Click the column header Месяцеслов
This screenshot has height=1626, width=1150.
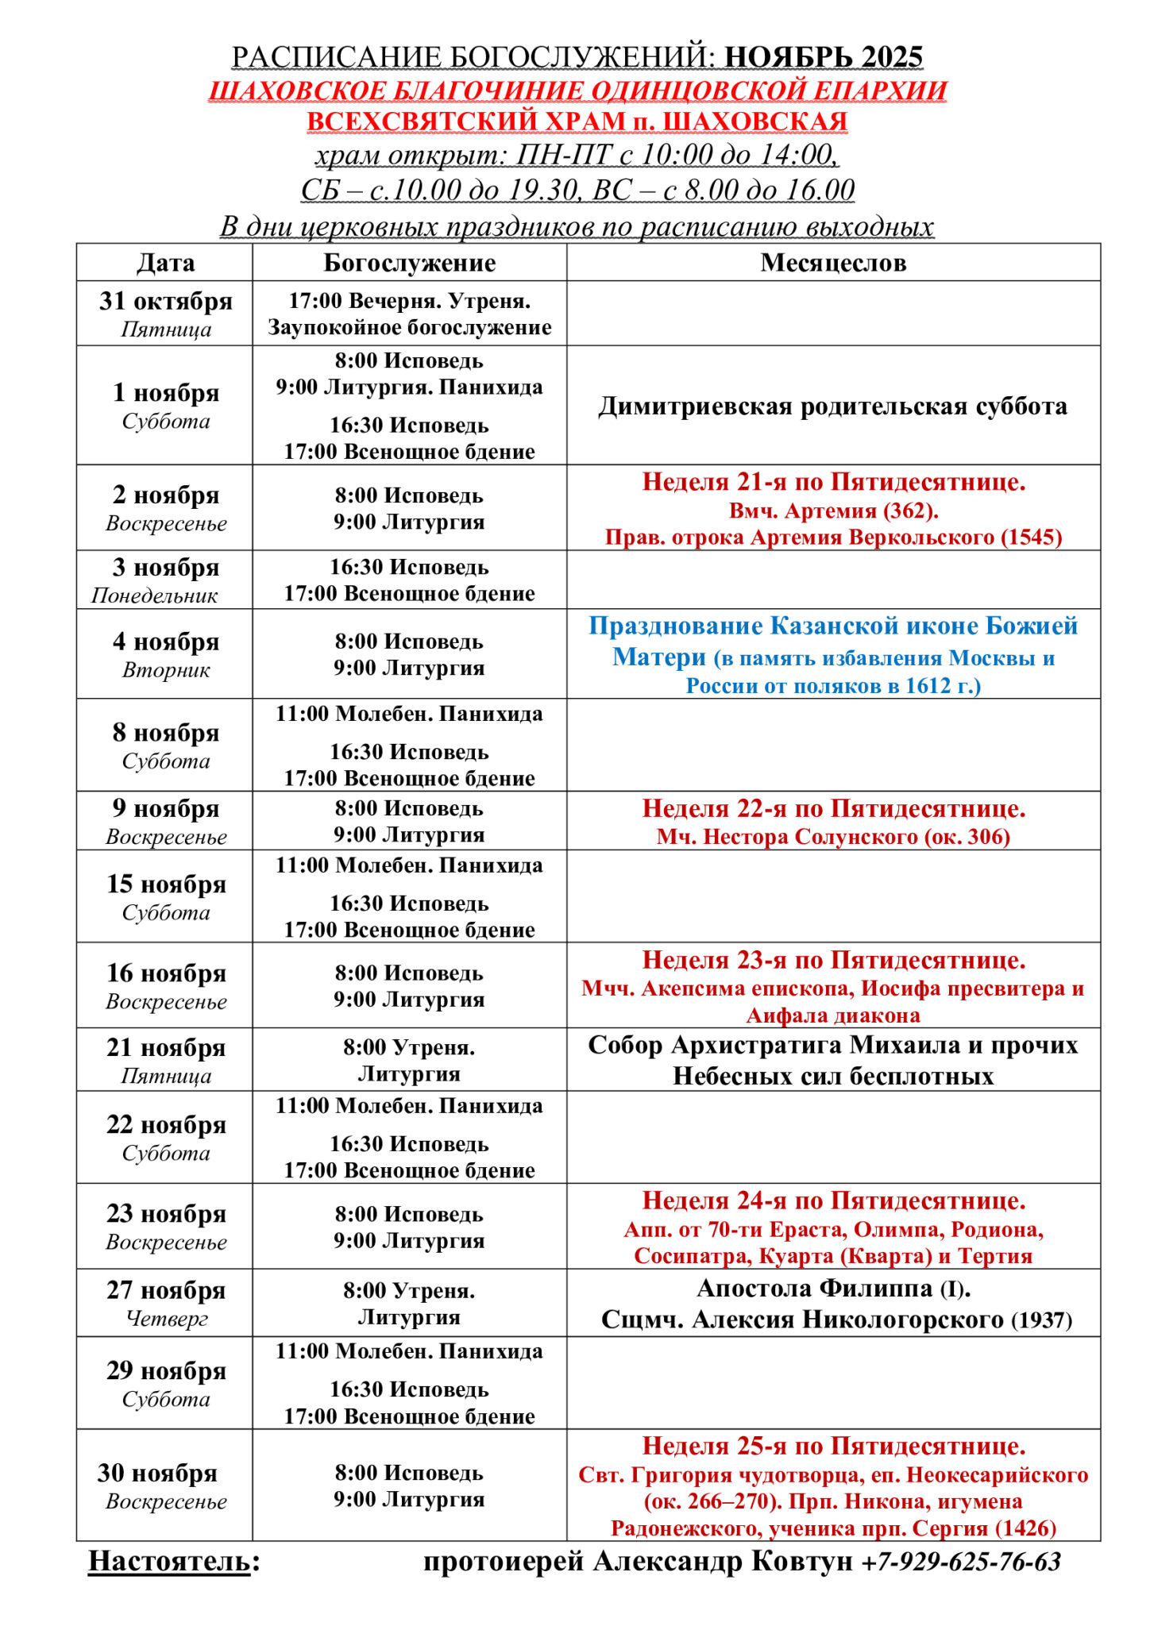832,263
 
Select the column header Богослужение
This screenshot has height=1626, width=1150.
409,263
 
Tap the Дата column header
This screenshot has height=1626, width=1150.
165,263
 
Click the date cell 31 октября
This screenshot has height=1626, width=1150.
165,302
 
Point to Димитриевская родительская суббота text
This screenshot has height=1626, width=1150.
832,406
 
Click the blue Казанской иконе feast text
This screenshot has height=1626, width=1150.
832,626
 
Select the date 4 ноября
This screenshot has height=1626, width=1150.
165,642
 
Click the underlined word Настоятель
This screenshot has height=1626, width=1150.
169,1561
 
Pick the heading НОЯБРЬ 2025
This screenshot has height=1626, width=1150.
824,57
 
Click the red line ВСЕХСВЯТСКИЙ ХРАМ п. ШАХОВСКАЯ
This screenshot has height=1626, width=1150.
577,121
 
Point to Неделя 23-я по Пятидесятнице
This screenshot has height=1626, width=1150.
833,960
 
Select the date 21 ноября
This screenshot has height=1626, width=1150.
166,1048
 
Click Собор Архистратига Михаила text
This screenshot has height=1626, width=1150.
832,1046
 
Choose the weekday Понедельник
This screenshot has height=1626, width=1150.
154,595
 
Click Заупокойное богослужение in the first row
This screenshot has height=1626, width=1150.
409,327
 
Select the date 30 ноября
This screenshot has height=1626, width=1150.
157,1473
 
